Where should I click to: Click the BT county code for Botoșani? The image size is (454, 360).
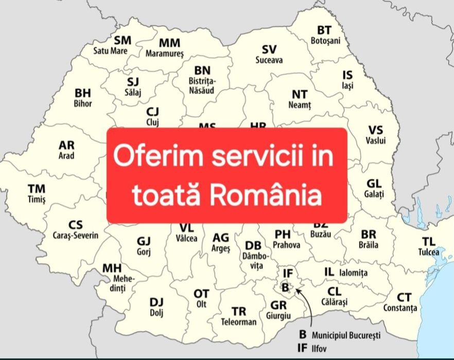tap(324, 30)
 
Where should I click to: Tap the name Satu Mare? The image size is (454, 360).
tap(110, 51)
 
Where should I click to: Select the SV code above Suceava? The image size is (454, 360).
tap(269, 49)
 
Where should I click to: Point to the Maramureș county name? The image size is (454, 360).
tap(165, 53)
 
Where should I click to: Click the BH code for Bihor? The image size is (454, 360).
tap(83, 93)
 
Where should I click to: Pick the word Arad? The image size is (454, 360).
tap(66, 155)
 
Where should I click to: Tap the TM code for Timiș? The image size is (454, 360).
tap(37, 189)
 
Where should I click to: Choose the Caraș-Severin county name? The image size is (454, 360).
tap(76, 235)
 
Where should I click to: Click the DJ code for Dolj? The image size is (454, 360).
tap(156, 302)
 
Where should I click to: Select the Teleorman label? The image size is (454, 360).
tap(238, 322)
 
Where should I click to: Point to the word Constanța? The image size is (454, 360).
tap(400, 308)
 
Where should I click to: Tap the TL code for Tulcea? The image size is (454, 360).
tap(429, 241)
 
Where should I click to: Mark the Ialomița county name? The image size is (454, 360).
tap(354, 273)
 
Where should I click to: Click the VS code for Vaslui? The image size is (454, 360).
tap(375, 130)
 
